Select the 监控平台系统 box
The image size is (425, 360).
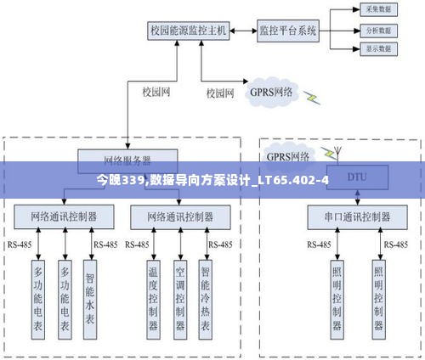[x=287, y=31]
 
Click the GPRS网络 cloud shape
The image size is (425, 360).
[x=271, y=91]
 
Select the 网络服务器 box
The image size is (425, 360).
[x=127, y=159]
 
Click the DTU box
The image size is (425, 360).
[x=356, y=179]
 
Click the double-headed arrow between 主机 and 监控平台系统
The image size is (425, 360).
[x=243, y=31]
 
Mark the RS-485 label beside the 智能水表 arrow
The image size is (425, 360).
[x=105, y=245]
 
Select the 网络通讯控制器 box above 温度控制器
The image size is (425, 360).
[x=180, y=217]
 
